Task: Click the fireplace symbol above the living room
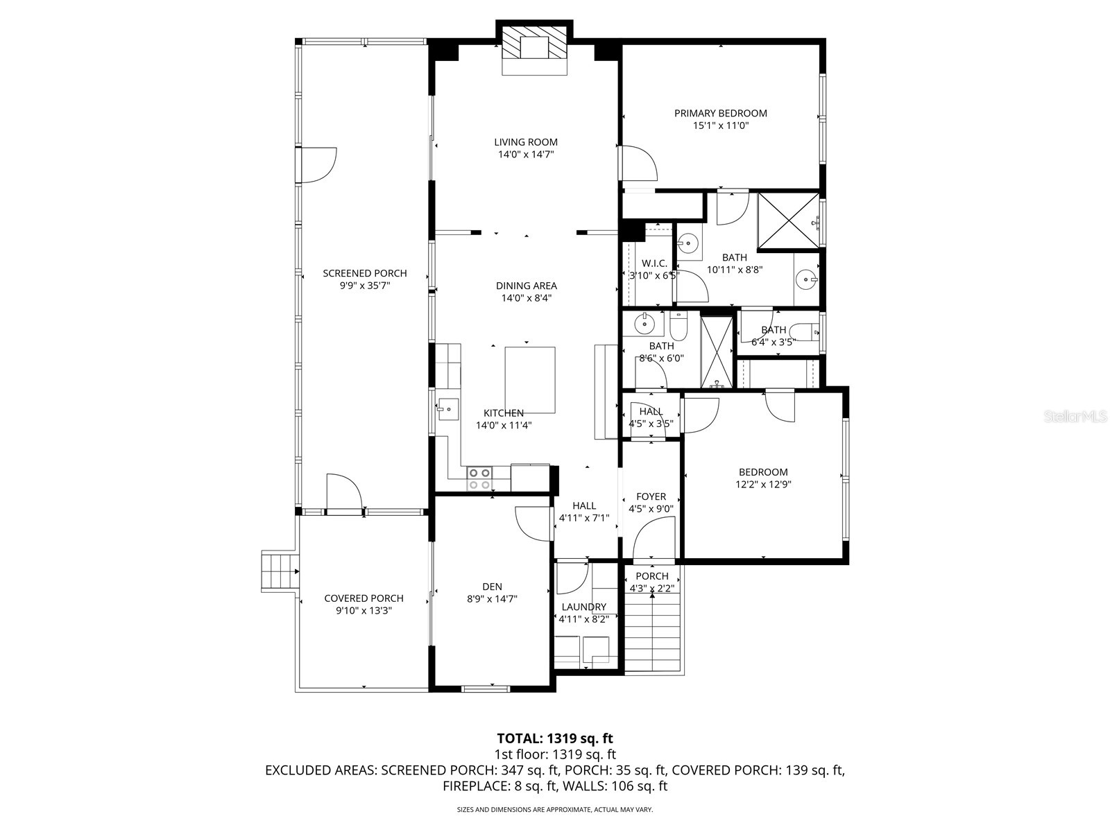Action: click(534, 49)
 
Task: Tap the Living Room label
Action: click(526, 142)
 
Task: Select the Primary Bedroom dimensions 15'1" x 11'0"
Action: click(721, 126)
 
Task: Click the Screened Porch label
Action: click(365, 273)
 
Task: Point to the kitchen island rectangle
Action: click(530, 379)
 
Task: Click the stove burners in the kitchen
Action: click(479, 478)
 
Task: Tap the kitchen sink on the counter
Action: click(447, 408)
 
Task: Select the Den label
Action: click(492, 587)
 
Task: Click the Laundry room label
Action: click(584, 607)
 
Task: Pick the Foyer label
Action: click(651, 496)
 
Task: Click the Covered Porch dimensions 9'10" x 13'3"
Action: click(364, 611)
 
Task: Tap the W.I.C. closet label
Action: click(654, 263)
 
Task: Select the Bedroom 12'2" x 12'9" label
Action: click(763, 472)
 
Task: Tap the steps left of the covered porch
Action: click(280, 571)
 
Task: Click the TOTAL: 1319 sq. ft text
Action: click(555, 738)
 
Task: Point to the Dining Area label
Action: click(526, 286)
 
